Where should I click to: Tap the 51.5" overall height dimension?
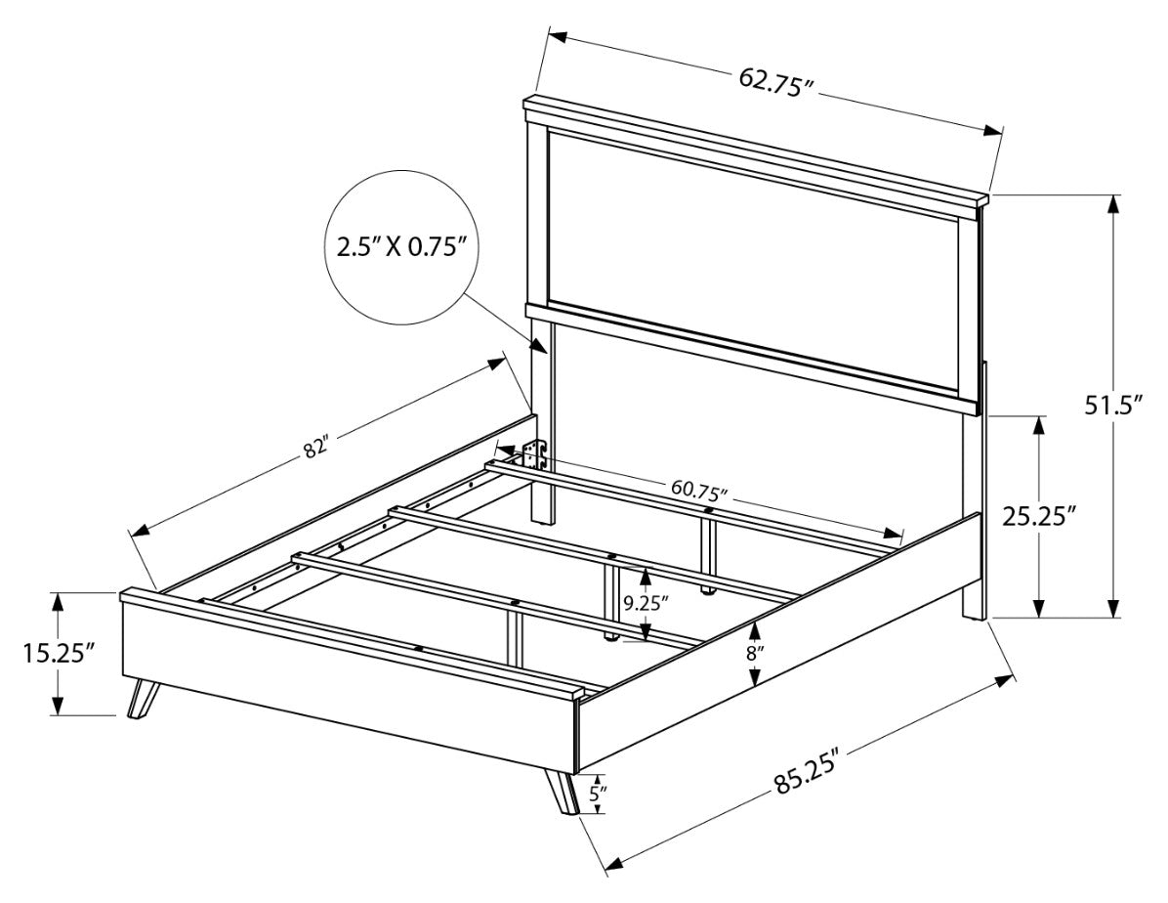click(1113, 406)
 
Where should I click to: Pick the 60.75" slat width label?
click(698, 490)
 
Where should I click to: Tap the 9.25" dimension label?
click(646, 603)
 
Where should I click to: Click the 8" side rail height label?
click(755, 654)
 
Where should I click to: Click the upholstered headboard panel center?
click(752, 260)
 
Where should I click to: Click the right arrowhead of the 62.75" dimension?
click(994, 130)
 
